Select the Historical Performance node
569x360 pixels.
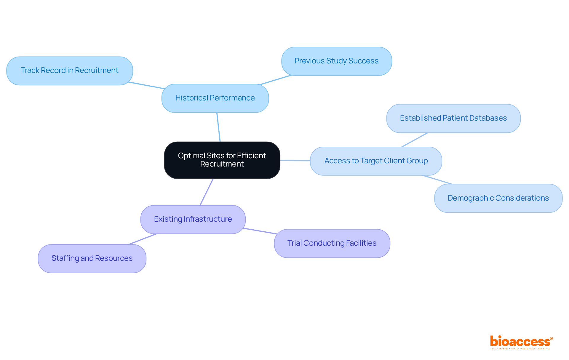pyautogui.click(x=215, y=98)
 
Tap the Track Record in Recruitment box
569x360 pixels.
pyautogui.click(x=69, y=71)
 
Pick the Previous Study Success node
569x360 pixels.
pyautogui.click(x=336, y=61)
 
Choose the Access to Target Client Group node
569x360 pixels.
pyautogui.click(x=376, y=161)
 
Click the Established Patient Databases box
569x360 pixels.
pyautogui.click(x=453, y=118)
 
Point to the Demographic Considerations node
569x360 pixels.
pyautogui.click(x=498, y=198)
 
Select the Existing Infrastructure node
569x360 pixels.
pyautogui.click(x=193, y=219)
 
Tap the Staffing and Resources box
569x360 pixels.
pyautogui.click(x=92, y=258)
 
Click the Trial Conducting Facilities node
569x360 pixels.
pyautogui.click(x=332, y=243)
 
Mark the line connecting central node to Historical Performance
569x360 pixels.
pyautogui.click(x=219, y=127)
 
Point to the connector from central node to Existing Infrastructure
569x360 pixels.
pyautogui.click(x=207, y=192)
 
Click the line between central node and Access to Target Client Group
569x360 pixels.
pyautogui.click(x=295, y=161)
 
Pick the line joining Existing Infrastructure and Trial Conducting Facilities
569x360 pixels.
pyautogui.click(x=260, y=231)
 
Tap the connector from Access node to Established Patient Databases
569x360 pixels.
pyautogui.click(x=415, y=140)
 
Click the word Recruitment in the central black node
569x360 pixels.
pyautogui.click(x=222, y=164)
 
